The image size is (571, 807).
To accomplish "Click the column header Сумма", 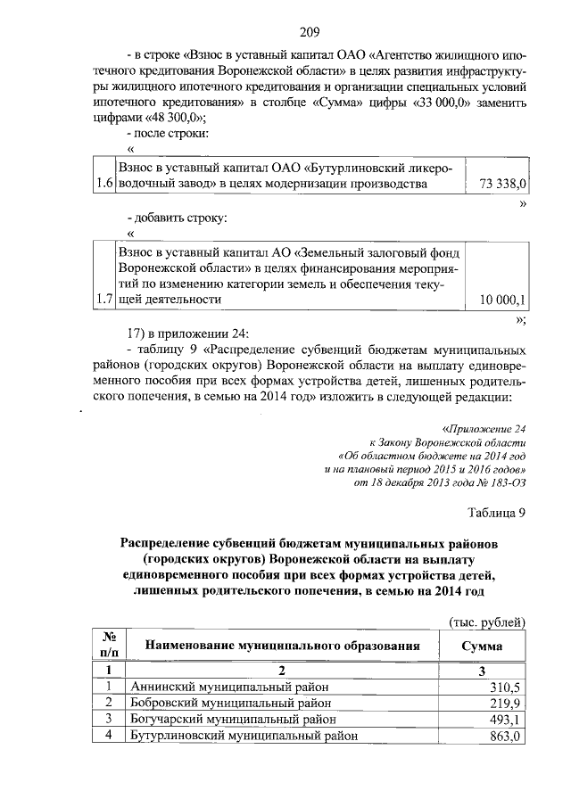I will click(483, 646).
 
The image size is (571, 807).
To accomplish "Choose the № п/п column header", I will click(107, 646).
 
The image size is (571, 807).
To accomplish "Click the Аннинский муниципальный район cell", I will click(229, 687).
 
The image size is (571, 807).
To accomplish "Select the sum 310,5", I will click(504, 687).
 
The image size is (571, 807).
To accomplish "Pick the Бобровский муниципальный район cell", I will click(229, 703).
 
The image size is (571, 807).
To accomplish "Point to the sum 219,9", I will click(504, 703).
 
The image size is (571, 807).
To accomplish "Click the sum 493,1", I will click(504, 720).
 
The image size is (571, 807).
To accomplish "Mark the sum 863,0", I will click(504, 736).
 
